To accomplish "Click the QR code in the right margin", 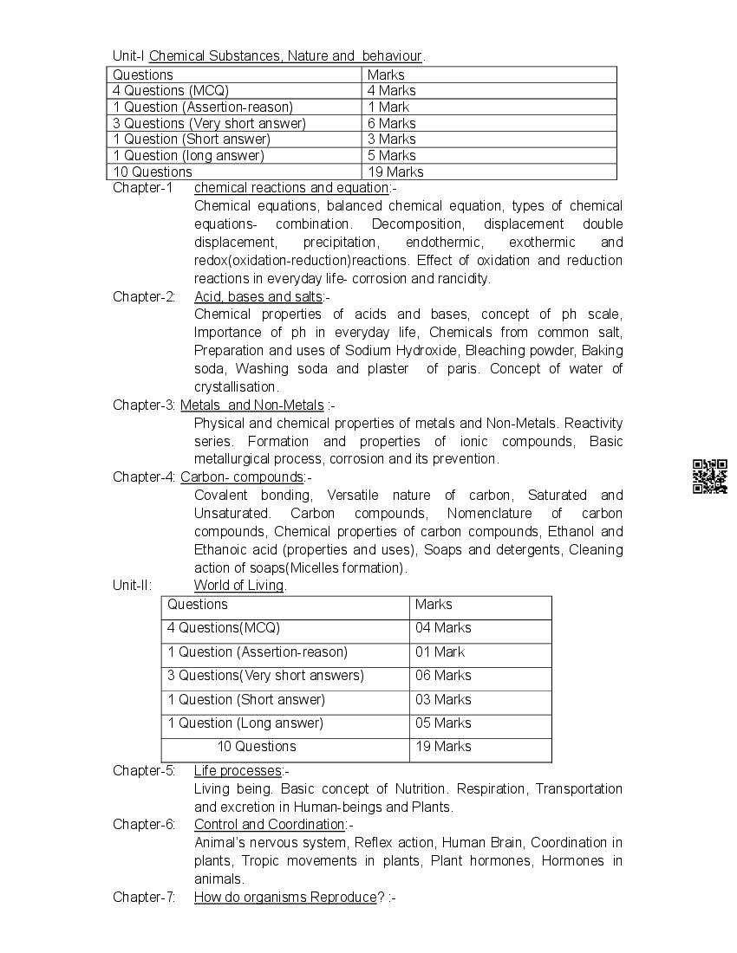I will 709,476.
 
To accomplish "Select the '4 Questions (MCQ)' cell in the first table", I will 171,90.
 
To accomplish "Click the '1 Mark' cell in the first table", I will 388,107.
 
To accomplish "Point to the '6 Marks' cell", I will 391,123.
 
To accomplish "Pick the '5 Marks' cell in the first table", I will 391,156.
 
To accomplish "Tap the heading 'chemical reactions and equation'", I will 291,188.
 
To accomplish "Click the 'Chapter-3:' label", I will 144,405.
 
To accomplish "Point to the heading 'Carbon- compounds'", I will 242,477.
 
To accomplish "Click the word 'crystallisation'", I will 236,387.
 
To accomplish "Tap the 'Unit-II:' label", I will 132,586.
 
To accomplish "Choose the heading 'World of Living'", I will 238,586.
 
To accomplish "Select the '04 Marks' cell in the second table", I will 443,628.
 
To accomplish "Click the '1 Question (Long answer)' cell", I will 245,723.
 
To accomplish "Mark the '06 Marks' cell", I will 443,676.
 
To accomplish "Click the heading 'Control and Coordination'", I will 269,825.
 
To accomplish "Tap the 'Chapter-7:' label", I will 144,898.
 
